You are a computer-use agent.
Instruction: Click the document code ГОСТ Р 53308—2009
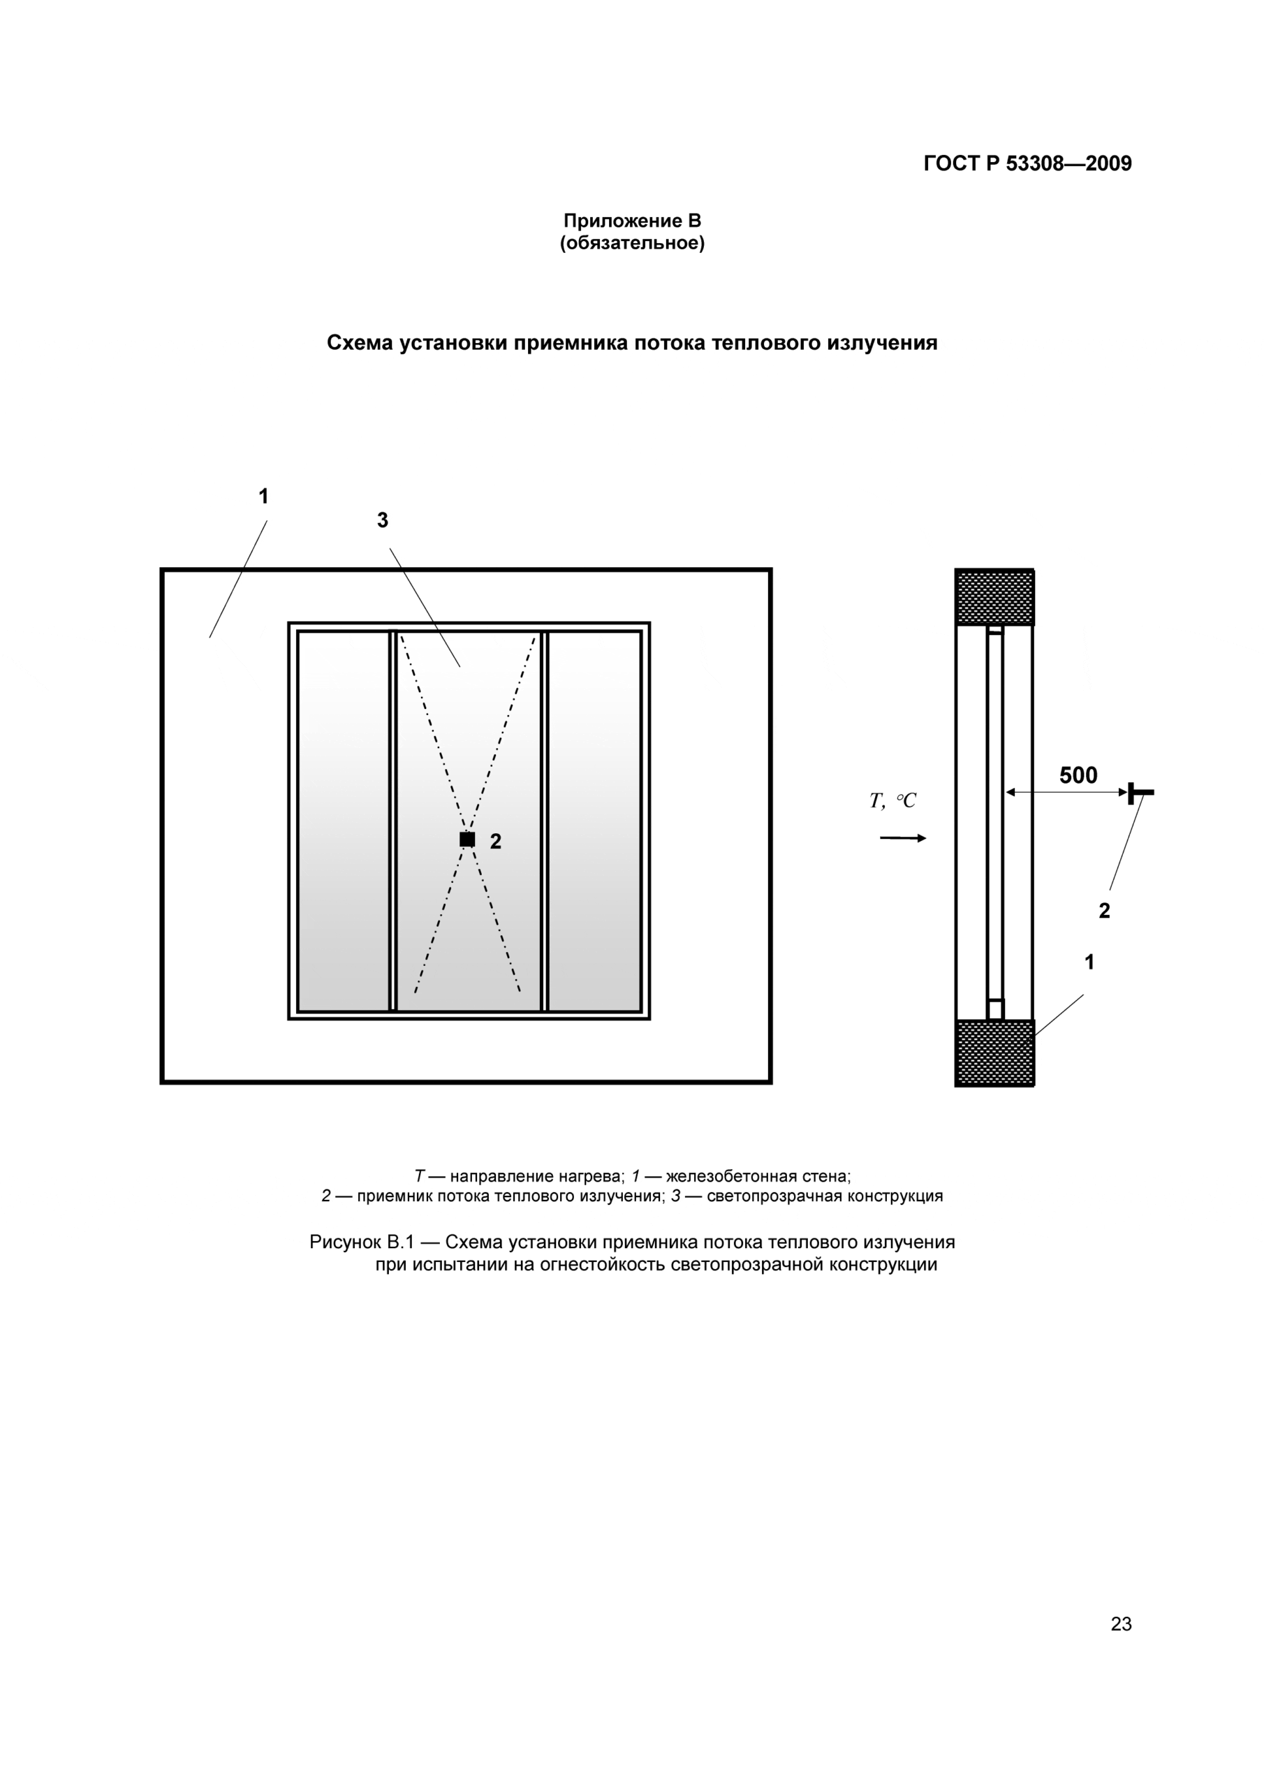point(1027,163)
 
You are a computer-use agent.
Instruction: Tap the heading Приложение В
point(631,221)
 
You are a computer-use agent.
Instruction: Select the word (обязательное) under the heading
point(631,244)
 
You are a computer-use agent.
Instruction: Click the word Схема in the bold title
point(359,343)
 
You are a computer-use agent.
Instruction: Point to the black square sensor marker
point(467,840)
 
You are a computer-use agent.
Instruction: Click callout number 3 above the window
point(383,520)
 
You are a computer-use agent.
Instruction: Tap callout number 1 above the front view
point(263,496)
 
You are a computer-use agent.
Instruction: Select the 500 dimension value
point(1078,776)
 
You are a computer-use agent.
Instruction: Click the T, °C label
point(892,800)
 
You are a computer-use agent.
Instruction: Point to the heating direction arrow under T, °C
point(903,838)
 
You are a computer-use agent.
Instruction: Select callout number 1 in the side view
point(1089,962)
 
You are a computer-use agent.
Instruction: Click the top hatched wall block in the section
point(994,597)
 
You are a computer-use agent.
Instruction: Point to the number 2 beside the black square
point(495,841)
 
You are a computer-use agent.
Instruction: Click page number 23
point(1121,1624)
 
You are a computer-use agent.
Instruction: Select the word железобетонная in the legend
point(716,1176)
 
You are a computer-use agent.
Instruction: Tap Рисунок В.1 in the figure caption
point(361,1242)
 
